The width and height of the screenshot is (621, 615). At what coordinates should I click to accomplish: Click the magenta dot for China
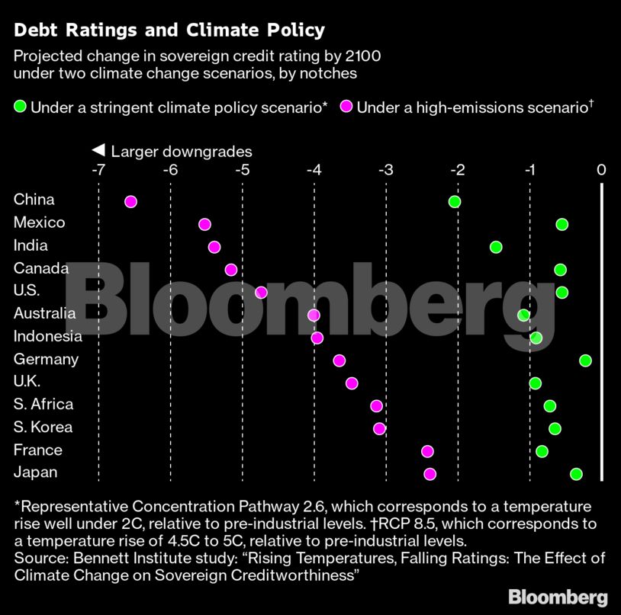coord(130,201)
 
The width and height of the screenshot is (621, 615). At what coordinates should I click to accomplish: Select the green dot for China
coord(455,201)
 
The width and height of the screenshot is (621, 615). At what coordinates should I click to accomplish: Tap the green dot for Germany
coord(585,360)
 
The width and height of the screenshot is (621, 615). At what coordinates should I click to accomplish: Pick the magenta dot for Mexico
coord(204,224)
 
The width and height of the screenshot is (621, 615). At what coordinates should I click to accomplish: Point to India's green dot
coord(496,247)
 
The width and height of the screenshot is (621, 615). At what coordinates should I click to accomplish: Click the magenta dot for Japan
coord(430,474)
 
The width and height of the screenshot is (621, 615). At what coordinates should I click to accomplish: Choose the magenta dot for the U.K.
coord(352,383)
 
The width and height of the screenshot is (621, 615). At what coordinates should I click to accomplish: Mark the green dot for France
coord(542,451)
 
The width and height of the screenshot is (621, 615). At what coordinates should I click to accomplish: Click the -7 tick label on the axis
coord(98,169)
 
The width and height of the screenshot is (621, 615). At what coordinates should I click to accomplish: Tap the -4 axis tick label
coord(314,169)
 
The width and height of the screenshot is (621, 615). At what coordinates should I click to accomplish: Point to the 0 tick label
coord(601,169)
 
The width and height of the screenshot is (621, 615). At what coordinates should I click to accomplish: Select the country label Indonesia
coord(48,336)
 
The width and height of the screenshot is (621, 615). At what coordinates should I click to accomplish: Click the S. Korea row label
coord(43,427)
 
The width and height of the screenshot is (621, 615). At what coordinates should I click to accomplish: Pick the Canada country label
coord(41,268)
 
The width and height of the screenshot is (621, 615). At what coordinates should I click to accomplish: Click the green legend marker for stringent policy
coord(21,107)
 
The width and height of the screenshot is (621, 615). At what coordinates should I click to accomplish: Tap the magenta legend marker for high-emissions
coord(346,107)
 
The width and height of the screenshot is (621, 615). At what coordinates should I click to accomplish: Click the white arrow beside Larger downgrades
coord(98,151)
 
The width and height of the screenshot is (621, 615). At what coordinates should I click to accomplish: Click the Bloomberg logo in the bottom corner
coord(558,596)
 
